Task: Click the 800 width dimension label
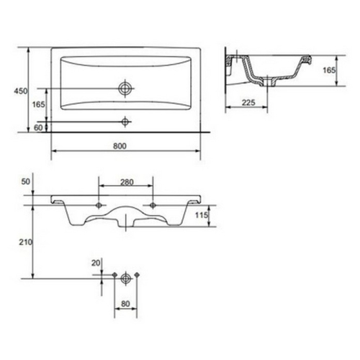pos(120,146)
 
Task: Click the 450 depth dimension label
pos(21,91)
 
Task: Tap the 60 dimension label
pos(38,127)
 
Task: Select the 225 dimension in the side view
pos(248,103)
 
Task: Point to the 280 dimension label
pos(127,182)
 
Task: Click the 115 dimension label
pos(202,215)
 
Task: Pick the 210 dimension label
pos(26,243)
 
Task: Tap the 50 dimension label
pos(26,181)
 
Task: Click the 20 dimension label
pos(96,263)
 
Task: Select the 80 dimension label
pos(125,304)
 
